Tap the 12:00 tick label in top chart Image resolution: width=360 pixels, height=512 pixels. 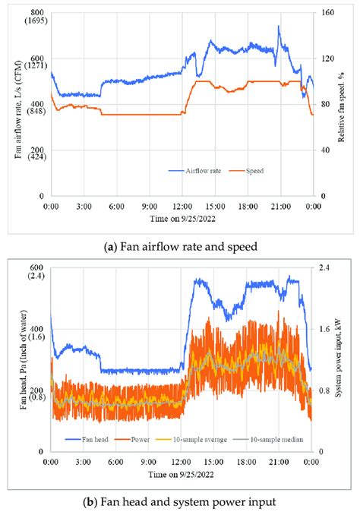tap(182, 206)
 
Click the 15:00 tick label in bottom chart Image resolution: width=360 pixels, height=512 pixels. tap(214, 462)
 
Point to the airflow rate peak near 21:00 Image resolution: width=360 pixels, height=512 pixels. tap(279, 27)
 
